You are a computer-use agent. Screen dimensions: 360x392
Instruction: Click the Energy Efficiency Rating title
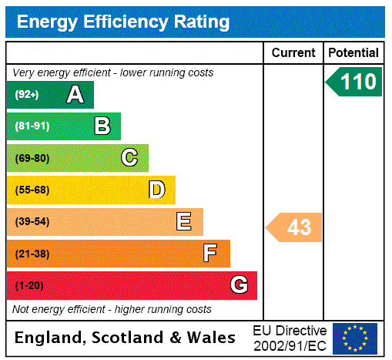point(122,22)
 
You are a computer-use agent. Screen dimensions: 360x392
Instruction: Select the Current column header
point(293,53)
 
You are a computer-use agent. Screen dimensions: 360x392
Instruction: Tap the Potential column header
point(353,53)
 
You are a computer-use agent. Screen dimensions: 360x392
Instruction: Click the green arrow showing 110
point(354,82)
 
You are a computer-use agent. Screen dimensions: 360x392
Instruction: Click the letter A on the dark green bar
point(75,95)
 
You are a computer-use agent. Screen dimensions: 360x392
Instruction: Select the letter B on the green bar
point(102,126)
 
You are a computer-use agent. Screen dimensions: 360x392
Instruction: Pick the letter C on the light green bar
point(129,158)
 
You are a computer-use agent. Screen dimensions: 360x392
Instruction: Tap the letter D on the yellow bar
point(156,190)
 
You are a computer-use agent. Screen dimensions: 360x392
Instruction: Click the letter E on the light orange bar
point(184,222)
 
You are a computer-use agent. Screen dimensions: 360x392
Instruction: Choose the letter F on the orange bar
point(210,254)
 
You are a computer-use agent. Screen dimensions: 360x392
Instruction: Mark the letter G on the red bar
point(239,285)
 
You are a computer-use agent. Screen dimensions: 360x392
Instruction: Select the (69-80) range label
point(32,158)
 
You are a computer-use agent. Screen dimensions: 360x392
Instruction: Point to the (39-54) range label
point(32,222)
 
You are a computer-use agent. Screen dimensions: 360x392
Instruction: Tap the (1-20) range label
point(28,285)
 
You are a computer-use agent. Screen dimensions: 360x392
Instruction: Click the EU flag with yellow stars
point(355,338)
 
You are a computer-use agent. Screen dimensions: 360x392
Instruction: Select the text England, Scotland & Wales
point(126,338)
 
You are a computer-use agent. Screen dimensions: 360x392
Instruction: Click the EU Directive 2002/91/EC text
point(290,338)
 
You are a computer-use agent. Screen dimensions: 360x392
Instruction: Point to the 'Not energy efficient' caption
point(112,309)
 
